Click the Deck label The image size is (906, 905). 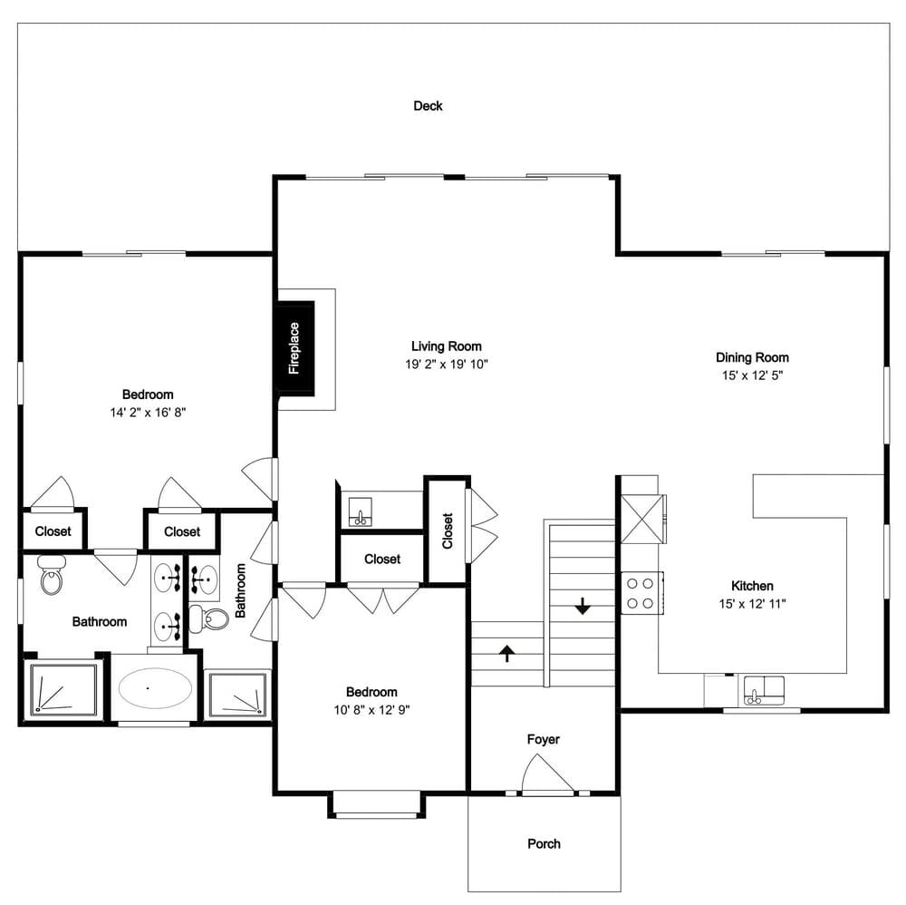pos(428,106)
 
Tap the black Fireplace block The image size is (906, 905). pos(294,348)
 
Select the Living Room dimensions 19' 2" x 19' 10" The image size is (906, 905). pos(446,365)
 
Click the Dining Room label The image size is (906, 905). pos(752,357)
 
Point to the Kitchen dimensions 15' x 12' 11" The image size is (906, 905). pos(752,604)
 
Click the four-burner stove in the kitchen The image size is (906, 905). pos(641,593)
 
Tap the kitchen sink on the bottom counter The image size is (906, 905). pos(764,690)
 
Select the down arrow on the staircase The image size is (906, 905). pos(583,606)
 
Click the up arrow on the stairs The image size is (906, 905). pos(506,653)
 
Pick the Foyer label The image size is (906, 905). pos(543,739)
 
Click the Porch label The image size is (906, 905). pos(544,843)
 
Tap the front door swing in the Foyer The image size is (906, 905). pos(547,774)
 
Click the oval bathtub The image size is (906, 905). pos(155,687)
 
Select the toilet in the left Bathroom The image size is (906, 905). pos(52,575)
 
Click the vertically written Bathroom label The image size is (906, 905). pos(240,590)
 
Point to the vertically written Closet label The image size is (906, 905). pos(448,530)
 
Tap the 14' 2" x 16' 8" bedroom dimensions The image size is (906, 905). pos(148,413)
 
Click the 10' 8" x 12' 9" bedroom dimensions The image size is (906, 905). pos(371,709)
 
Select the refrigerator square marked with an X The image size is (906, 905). pos(642,519)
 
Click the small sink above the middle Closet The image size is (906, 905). pos(360,511)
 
